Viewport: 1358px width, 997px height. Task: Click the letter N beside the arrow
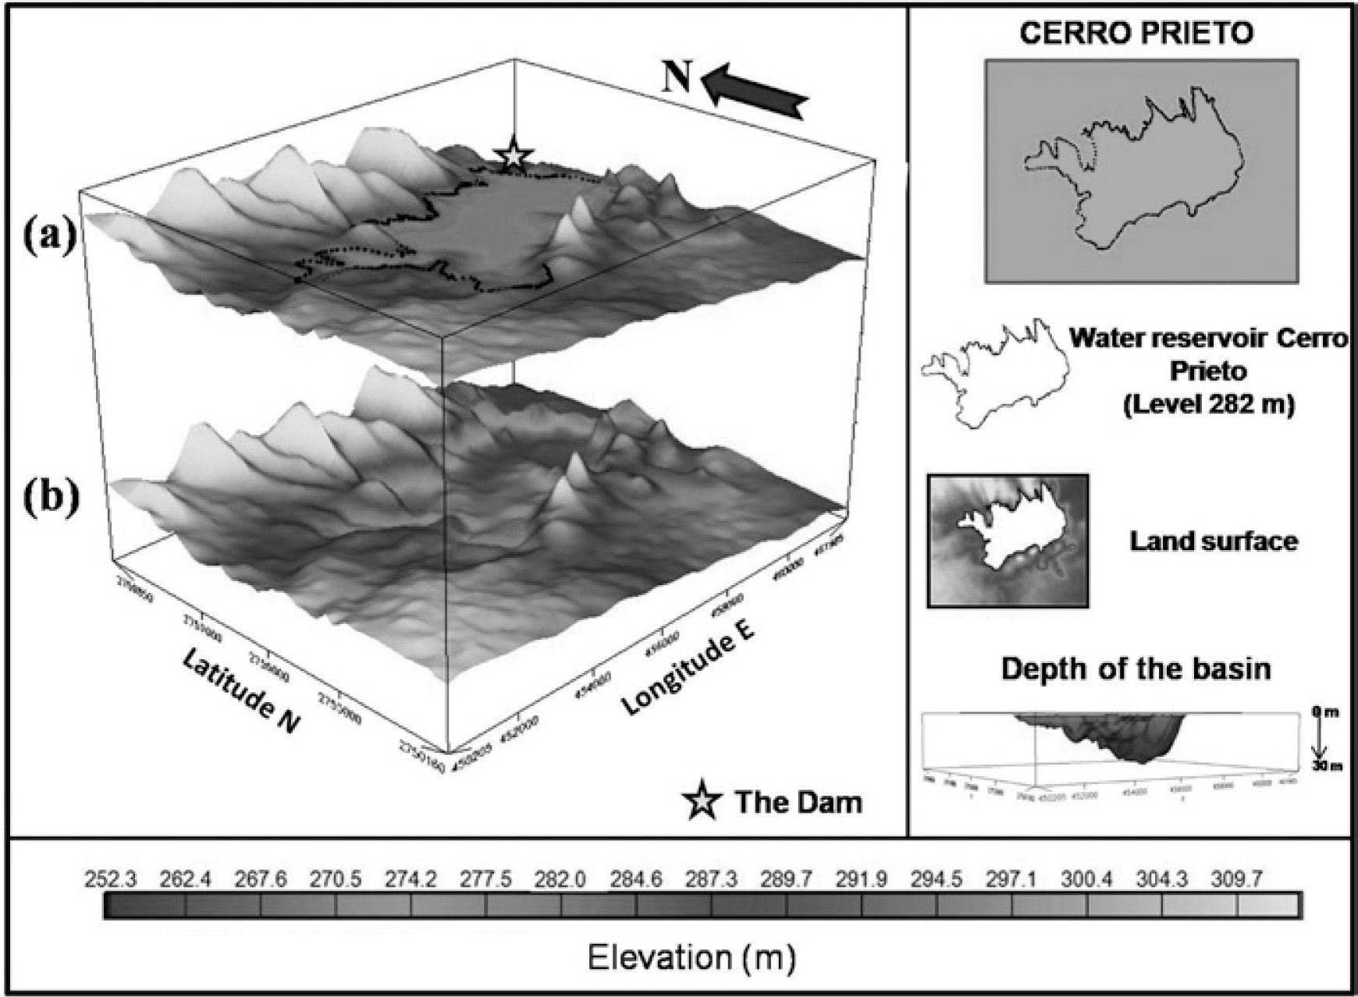(677, 79)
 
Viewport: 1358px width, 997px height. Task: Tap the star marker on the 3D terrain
(513, 154)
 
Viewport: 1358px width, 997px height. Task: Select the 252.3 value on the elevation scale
(109, 880)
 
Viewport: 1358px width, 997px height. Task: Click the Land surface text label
(1214, 541)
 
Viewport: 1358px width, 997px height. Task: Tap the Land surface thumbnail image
(1008, 540)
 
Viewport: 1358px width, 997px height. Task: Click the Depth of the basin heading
(1136, 669)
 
